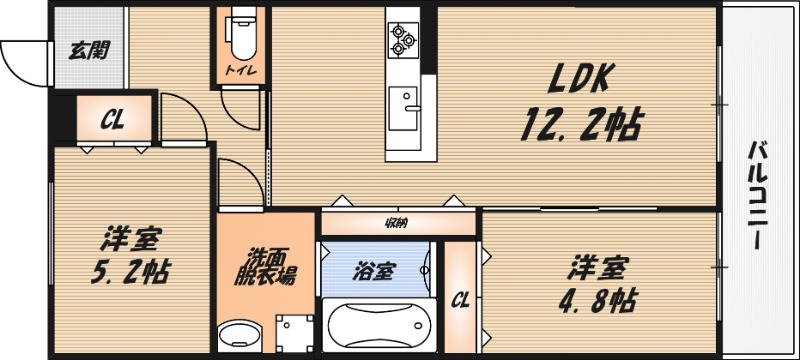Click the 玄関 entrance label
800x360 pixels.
pyautogui.click(x=88, y=52)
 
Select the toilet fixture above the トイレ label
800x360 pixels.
pyautogui.click(x=240, y=38)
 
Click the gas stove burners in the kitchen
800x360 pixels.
pyautogui.click(x=403, y=37)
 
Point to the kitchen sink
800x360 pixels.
pyautogui.click(x=404, y=104)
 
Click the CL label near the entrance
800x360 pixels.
pyautogui.click(x=112, y=121)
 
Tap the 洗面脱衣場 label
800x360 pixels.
pyautogui.click(x=264, y=265)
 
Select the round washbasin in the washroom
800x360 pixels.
pyautogui.click(x=238, y=337)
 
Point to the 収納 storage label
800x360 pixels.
pyautogui.click(x=397, y=222)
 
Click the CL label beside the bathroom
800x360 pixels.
pyautogui.click(x=461, y=298)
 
